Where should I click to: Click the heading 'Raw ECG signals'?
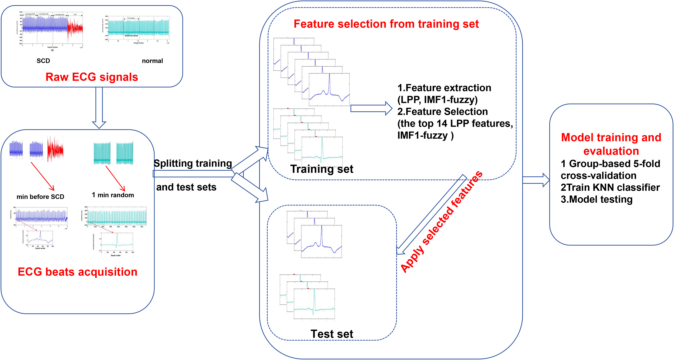92,77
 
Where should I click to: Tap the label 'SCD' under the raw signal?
43,61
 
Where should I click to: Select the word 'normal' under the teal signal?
152,61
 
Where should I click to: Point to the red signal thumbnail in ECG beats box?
55,149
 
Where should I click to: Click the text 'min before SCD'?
40,197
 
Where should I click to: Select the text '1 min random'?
113,195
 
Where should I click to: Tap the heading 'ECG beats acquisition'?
77,272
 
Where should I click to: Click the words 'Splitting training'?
193,163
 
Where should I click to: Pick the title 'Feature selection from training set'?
386,24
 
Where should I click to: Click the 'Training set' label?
322,169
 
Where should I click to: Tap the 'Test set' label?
332,334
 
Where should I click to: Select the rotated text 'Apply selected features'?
441,222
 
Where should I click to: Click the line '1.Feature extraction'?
444,88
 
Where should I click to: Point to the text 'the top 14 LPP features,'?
455,124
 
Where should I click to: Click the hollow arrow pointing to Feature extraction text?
371,108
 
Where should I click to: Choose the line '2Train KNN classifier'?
610,187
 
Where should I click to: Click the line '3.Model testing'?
596,199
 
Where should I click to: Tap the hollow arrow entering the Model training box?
536,180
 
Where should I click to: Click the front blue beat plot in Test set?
321,241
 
